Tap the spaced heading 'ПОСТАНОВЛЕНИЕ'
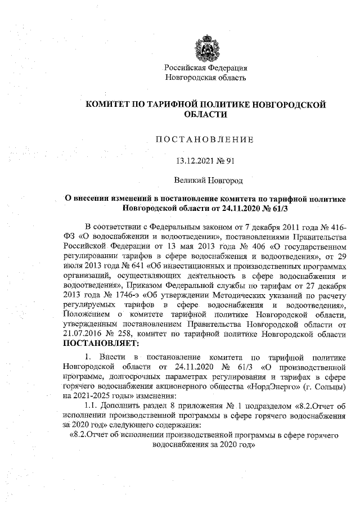(205, 139)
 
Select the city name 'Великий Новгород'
(205, 181)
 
